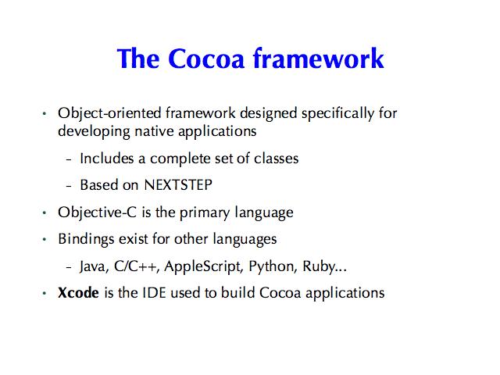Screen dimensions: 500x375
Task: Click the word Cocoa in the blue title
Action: [206, 59]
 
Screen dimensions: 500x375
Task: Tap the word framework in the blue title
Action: [318, 58]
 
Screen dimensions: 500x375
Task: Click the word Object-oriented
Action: [109, 113]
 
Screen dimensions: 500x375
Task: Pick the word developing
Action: [94, 132]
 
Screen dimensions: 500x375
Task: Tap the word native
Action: [155, 131]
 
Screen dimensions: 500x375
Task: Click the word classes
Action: [276, 158]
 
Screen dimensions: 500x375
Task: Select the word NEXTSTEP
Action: [178, 185]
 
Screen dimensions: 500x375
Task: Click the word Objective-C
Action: [97, 212]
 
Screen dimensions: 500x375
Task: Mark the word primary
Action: [205, 213]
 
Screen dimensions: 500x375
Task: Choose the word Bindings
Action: [86, 240]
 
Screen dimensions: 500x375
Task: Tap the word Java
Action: [94, 267]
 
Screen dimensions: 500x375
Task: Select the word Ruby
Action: [319, 266]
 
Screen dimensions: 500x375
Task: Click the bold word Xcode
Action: [78, 293]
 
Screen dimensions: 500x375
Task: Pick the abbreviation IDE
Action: [155, 293]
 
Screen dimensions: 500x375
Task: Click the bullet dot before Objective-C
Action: [45, 212]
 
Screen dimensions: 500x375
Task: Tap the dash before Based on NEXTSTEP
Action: [69, 185]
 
